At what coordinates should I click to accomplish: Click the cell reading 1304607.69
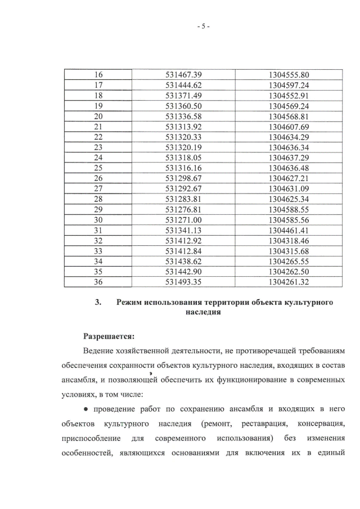[289, 126]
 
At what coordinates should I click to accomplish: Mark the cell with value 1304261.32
[289, 281]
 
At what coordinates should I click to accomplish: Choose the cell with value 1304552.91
[289, 96]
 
